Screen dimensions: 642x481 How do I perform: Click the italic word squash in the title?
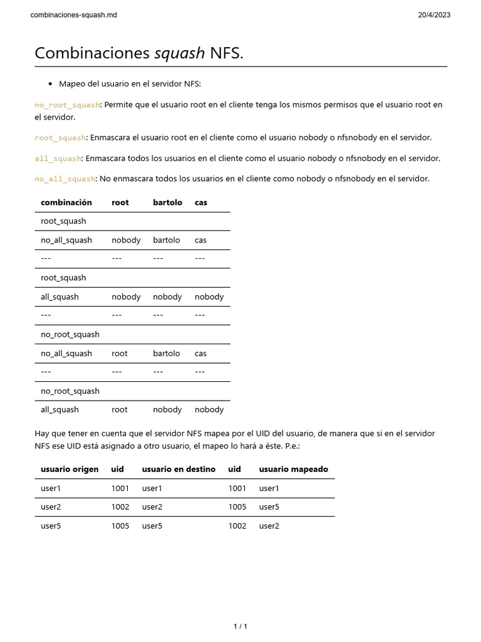point(179,54)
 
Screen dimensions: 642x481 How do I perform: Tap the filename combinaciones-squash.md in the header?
point(73,15)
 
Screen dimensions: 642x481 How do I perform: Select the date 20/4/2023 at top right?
point(434,15)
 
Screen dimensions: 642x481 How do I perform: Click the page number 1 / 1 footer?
point(240,626)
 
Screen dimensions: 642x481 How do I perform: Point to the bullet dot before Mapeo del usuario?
point(50,84)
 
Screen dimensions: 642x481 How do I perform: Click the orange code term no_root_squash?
point(67,105)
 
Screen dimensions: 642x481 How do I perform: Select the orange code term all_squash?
point(58,159)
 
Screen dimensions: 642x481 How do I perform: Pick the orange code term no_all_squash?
point(65,179)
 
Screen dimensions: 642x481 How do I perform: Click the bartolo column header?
point(167,203)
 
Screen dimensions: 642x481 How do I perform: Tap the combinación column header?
point(66,203)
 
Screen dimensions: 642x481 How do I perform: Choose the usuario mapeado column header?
point(293,469)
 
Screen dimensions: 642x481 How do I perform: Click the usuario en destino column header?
point(178,469)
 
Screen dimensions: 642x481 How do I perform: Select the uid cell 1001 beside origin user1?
point(120,488)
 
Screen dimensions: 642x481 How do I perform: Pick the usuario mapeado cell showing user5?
point(269,507)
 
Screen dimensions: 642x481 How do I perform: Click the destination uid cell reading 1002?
point(237,526)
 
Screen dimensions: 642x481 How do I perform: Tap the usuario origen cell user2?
point(51,507)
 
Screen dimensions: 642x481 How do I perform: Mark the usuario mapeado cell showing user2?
point(269,526)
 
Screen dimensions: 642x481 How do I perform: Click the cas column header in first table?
point(201,203)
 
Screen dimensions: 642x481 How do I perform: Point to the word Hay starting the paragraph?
point(42,434)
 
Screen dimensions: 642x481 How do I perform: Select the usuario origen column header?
point(70,469)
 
